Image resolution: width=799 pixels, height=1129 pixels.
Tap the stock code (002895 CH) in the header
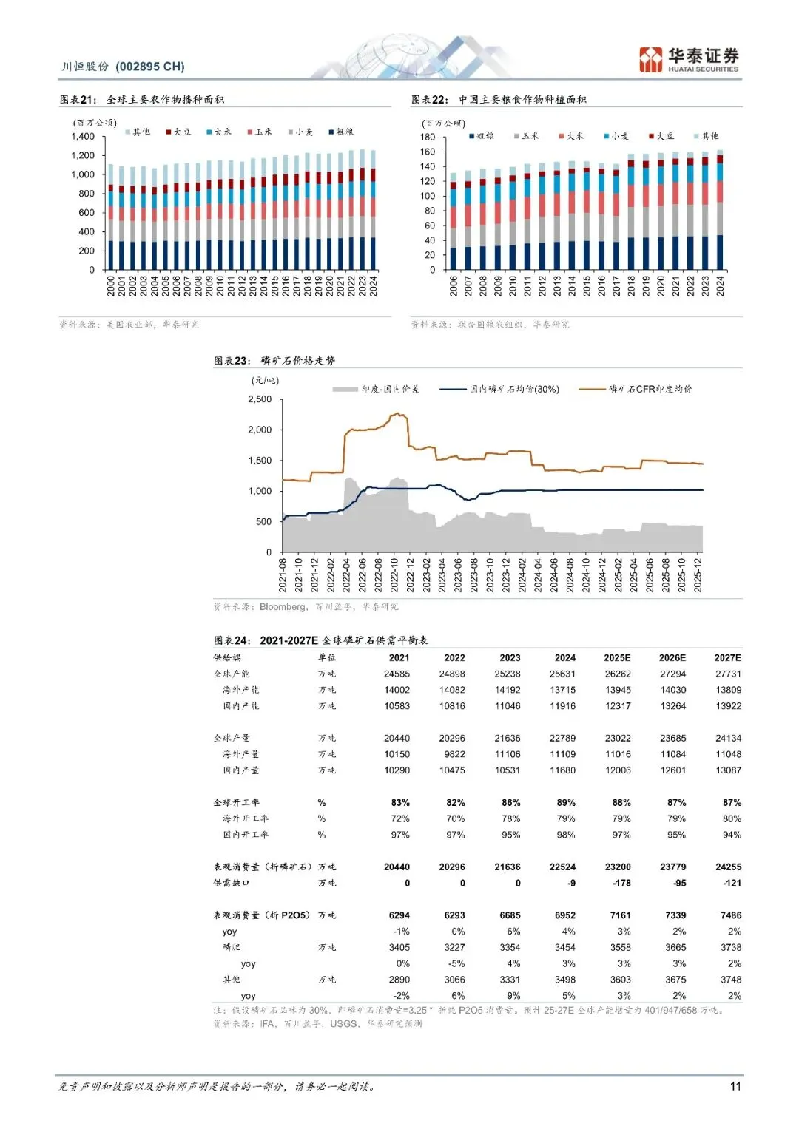click(x=150, y=67)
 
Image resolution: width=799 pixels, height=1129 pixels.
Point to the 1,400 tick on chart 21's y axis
click(x=83, y=137)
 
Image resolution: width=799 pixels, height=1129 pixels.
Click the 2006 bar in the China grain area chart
click(x=454, y=222)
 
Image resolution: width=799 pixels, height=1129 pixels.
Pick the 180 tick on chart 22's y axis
click(x=428, y=137)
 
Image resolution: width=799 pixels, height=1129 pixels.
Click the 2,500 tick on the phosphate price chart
click(x=260, y=399)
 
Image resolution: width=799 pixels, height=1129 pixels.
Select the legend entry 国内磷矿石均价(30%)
click(x=514, y=389)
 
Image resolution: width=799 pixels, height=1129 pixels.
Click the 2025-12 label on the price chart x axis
click(x=697, y=574)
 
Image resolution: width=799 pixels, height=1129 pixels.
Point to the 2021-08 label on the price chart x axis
click(x=283, y=574)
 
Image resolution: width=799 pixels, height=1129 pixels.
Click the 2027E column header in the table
click(x=727, y=657)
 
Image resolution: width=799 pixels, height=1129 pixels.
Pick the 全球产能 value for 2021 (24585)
click(x=397, y=674)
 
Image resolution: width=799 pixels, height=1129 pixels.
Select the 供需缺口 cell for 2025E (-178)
click(x=621, y=883)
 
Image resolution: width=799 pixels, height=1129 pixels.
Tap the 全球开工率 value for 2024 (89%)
click(x=566, y=802)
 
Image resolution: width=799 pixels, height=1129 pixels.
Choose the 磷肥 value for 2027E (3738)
click(x=730, y=947)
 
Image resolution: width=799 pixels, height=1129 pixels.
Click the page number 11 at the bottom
click(x=735, y=1086)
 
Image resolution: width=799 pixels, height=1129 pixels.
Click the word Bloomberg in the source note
click(x=283, y=607)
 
